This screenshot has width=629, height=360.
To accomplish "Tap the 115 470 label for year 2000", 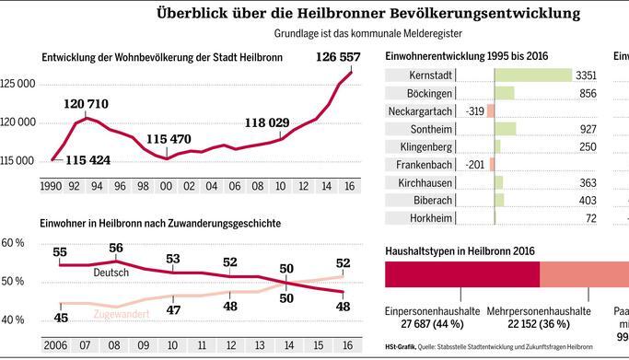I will click(167, 139).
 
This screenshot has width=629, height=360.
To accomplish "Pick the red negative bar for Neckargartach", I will click(490, 110).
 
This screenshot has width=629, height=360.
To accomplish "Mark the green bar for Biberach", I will click(499, 201).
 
